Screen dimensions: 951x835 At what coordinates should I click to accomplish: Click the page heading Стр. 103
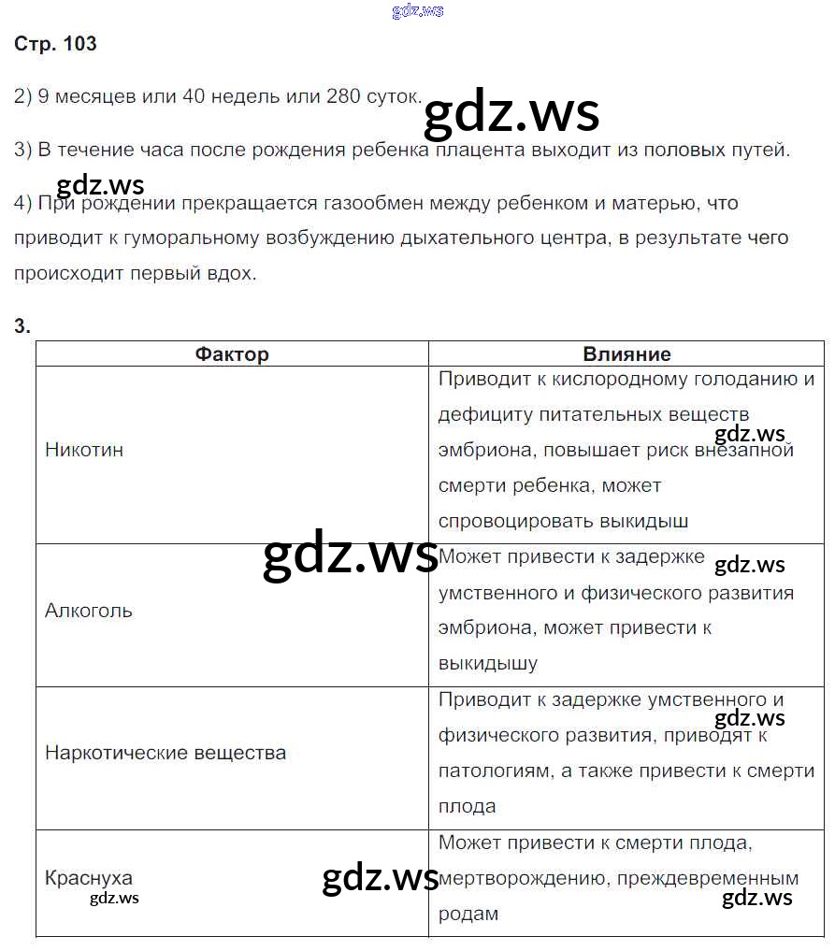(55, 44)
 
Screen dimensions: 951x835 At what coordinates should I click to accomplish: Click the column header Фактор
(232, 353)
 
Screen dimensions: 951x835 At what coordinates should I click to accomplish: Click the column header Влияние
(626, 353)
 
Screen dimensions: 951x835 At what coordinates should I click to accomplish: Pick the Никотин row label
(84, 449)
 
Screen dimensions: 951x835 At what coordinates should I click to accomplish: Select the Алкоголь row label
(89, 611)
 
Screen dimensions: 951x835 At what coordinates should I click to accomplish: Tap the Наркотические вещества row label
(166, 753)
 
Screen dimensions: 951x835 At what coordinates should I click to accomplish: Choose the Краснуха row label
(89, 878)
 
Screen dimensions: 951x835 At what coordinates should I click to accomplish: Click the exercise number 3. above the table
(22, 325)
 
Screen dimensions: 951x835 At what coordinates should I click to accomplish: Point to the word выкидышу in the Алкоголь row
(488, 664)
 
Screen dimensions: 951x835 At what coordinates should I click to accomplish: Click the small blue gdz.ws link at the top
(418, 11)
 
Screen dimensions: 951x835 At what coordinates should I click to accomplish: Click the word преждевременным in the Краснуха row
(721, 878)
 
